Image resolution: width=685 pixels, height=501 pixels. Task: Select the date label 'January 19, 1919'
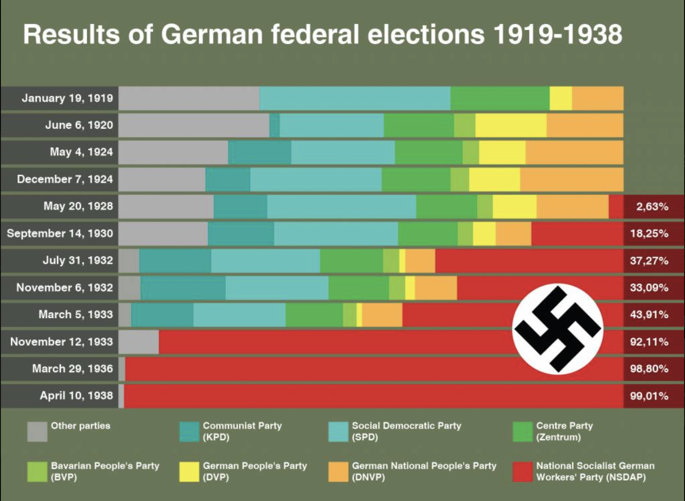67,98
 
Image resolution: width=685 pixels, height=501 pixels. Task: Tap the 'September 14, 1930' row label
60,234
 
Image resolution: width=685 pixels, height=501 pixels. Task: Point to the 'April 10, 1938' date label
76,396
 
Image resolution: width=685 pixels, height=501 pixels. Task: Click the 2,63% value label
652,207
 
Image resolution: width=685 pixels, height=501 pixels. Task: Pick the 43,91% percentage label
649,315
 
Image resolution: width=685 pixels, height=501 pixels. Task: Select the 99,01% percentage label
649,396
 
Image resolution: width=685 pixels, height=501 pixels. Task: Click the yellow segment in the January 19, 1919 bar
561,98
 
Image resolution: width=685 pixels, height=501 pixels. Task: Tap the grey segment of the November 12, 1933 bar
138,342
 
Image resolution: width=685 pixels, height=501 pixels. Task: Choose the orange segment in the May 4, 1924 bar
574,152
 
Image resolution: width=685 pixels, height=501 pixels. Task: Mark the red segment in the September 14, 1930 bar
577,234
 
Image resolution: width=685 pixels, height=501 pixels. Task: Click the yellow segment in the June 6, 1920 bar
511,125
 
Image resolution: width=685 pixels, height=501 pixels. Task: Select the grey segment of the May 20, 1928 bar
166,207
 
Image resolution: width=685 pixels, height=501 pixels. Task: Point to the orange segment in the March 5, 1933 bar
382,315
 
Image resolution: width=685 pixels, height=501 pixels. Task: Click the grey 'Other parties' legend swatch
37,432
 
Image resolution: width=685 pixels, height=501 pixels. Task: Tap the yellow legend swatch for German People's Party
189,472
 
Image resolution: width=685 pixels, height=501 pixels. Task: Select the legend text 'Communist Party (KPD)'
242,431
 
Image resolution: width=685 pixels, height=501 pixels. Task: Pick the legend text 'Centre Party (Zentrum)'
564,431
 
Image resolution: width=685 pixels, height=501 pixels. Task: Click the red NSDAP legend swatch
522,472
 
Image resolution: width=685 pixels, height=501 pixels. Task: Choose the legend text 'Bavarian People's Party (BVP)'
105,471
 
